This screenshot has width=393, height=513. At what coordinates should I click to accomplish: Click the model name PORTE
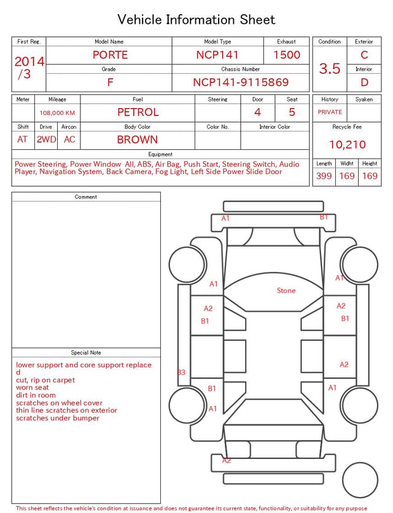click(110, 55)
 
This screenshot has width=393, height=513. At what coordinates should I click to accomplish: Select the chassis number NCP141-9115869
click(241, 82)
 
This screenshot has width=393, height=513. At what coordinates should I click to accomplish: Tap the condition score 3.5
click(330, 68)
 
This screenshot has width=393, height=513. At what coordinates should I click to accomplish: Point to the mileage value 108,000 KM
click(57, 113)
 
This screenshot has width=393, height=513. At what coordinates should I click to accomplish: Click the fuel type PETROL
click(138, 112)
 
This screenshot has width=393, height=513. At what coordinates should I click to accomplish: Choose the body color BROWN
click(138, 139)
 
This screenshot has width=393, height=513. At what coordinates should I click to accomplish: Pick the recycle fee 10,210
click(347, 144)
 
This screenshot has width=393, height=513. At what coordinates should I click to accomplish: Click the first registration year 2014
click(29, 61)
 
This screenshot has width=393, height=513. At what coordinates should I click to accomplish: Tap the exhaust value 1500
click(287, 55)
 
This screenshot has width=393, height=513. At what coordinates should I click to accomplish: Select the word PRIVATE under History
click(330, 112)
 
